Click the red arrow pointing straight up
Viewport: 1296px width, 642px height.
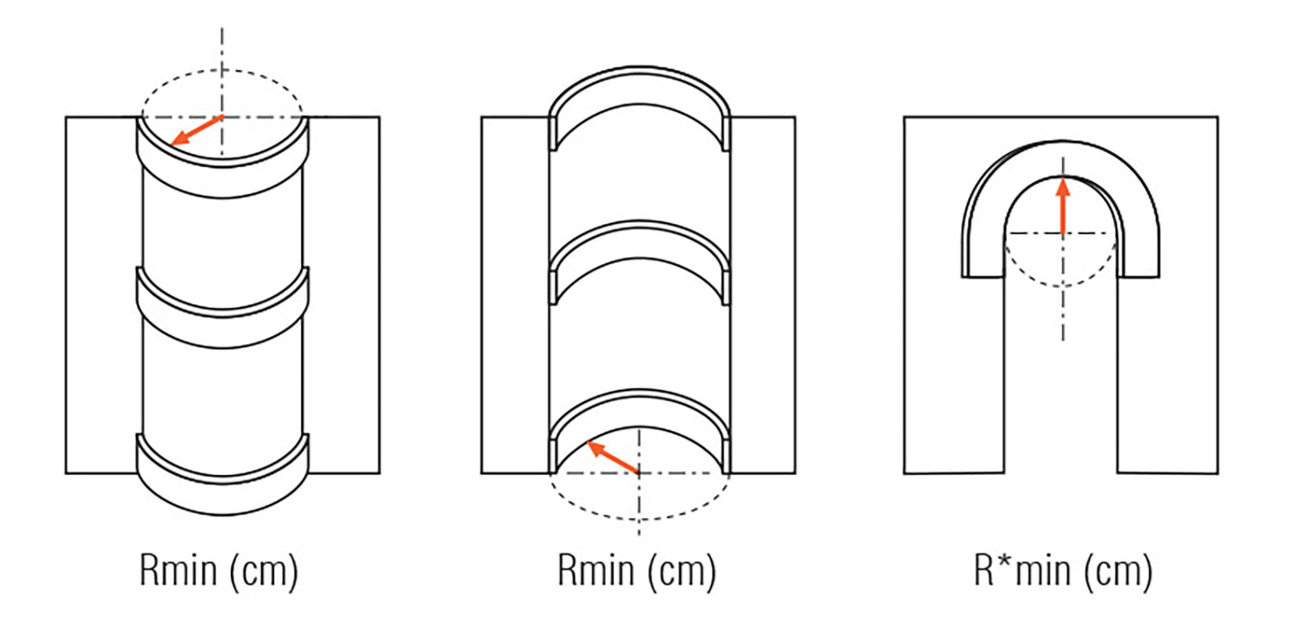(1063, 206)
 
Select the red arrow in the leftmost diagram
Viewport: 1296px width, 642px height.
(196, 130)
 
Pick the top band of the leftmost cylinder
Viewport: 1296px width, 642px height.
(223, 181)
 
